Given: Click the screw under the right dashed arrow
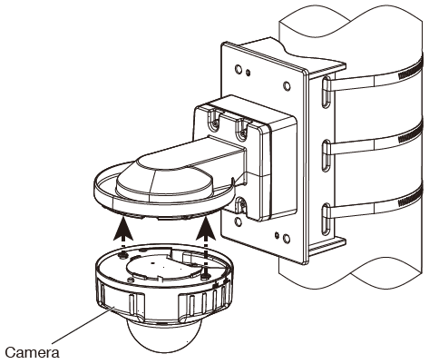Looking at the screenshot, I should click(209, 269).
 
